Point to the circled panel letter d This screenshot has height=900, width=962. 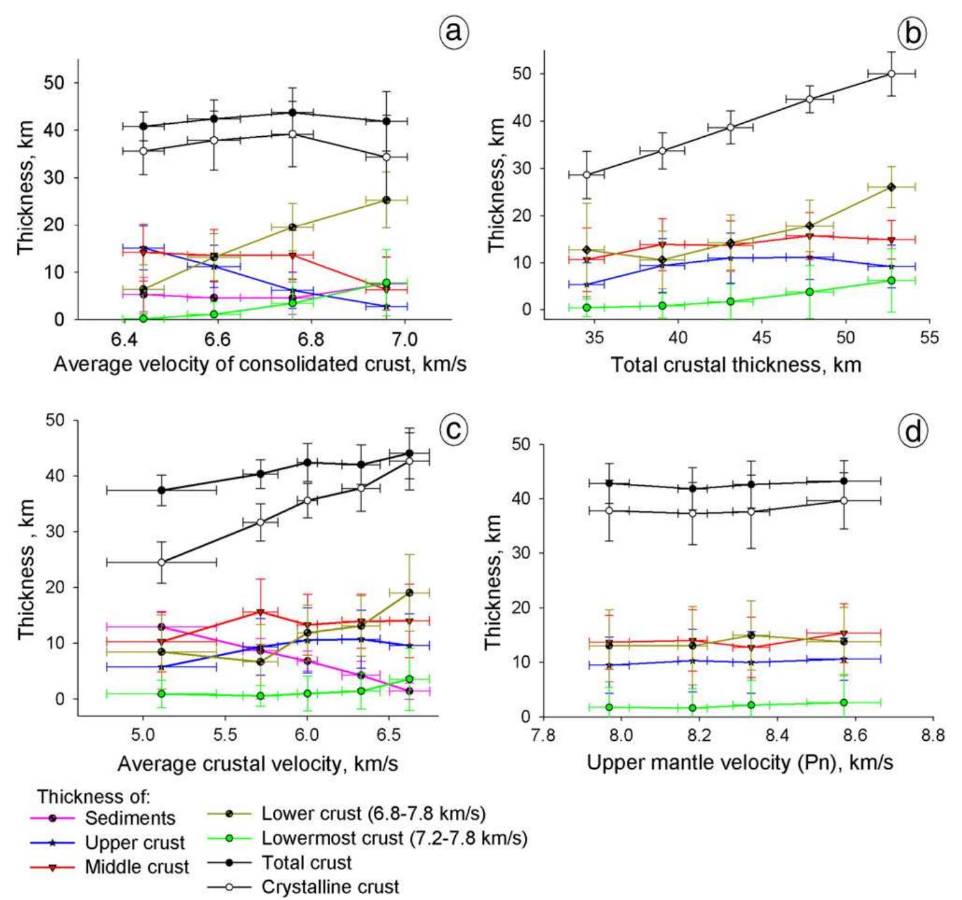tap(912, 431)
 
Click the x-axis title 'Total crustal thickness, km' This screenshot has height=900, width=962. tap(736, 364)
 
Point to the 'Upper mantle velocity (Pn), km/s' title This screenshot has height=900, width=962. tap(740, 763)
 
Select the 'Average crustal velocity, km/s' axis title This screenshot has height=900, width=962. tap(257, 763)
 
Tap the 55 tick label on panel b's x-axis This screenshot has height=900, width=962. tap(929, 338)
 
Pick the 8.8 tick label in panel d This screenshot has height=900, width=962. tap(933, 736)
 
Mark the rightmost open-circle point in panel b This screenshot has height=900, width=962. tap(891, 73)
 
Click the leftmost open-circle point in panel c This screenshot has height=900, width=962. tap(162, 562)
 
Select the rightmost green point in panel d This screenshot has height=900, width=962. tap(844, 702)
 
